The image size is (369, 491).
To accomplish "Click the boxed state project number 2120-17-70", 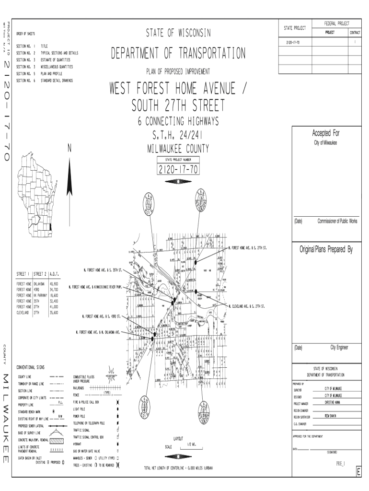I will [178, 170].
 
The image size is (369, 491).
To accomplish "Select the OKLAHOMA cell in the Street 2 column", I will [39, 284].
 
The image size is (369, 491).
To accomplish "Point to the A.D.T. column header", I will [53, 274].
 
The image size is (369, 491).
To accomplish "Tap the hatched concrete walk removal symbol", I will [57, 440].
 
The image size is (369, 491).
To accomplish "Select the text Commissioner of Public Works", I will [337, 221].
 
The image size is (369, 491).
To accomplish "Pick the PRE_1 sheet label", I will [341, 464].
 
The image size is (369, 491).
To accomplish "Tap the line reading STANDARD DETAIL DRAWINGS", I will [57, 81].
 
